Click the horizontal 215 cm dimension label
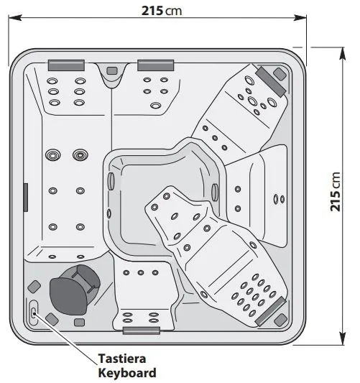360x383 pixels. click(x=162, y=11)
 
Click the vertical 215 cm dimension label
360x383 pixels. click(x=335, y=191)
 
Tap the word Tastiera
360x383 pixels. click(x=122, y=359)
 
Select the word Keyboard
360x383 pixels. click(x=127, y=373)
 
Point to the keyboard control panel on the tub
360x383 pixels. click(x=34, y=313)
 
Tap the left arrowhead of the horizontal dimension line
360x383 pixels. click(x=14, y=17)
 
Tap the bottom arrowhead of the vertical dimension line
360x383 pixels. click(x=343, y=338)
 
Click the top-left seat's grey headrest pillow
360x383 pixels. click(x=66, y=65)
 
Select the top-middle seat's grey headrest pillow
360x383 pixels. click(x=156, y=65)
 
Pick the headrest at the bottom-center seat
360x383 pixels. click(x=142, y=331)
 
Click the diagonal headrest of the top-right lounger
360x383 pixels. click(x=271, y=81)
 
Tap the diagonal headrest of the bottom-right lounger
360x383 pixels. click(x=270, y=311)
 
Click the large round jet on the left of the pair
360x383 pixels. click(x=53, y=155)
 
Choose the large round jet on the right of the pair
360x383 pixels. click(x=80, y=155)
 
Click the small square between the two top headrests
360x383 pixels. click(x=112, y=71)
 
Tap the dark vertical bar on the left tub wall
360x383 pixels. click(x=25, y=198)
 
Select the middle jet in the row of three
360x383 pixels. click(x=141, y=272)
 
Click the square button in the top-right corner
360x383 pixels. click(x=280, y=74)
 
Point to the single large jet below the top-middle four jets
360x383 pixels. click(x=155, y=106)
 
